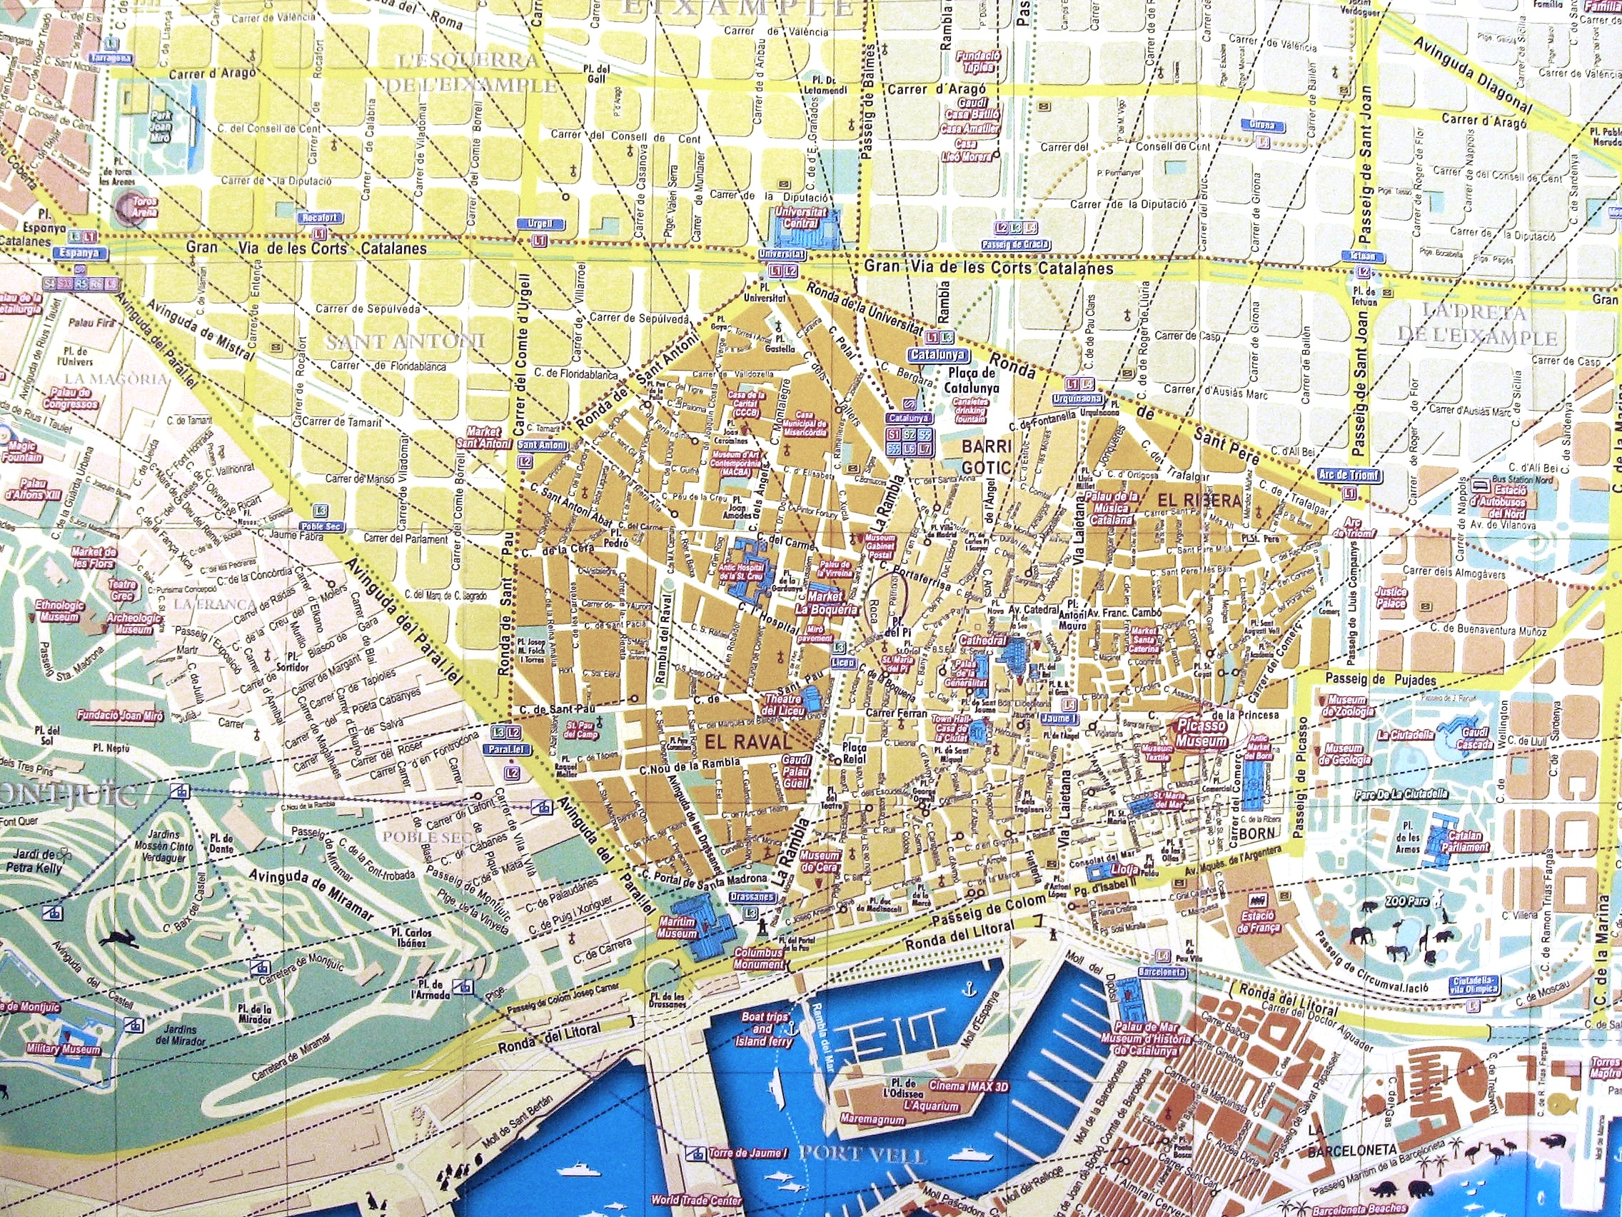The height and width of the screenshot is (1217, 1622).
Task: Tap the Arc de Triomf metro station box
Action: [x=1349, y=475]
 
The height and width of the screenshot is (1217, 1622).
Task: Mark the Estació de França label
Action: [x=1259, y=922]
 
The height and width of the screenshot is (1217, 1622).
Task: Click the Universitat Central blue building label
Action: [x=805, y=216]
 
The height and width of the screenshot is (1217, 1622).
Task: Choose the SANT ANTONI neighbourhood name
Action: [x=405, y=342]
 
